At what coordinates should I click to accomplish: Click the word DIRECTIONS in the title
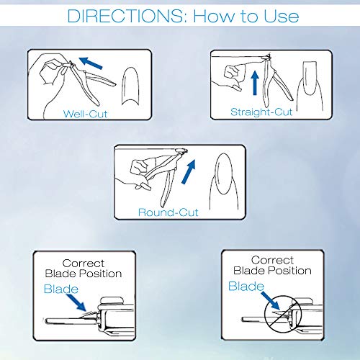[125, 16]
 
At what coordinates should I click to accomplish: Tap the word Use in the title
[281, 16]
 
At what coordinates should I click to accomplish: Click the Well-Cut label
[85, 114]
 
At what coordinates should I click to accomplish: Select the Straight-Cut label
[261, 112]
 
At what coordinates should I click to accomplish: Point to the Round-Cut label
[168, 212]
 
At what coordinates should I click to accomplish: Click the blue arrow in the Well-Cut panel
[91, 63]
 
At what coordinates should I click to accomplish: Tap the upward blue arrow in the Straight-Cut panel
[255, 83]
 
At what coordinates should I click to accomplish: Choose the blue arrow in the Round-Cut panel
[189, 171]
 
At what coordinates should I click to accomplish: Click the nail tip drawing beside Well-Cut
[130, 86]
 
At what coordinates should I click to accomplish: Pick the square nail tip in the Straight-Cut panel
[310, 78]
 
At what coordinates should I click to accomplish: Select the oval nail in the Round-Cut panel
[224, 174]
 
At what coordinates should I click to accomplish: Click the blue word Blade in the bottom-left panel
[61, 289]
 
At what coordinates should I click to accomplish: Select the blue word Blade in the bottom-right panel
[246, 286]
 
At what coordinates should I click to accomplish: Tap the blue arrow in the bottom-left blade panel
[76, 302]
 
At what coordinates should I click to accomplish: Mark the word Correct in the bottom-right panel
[272, 260]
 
